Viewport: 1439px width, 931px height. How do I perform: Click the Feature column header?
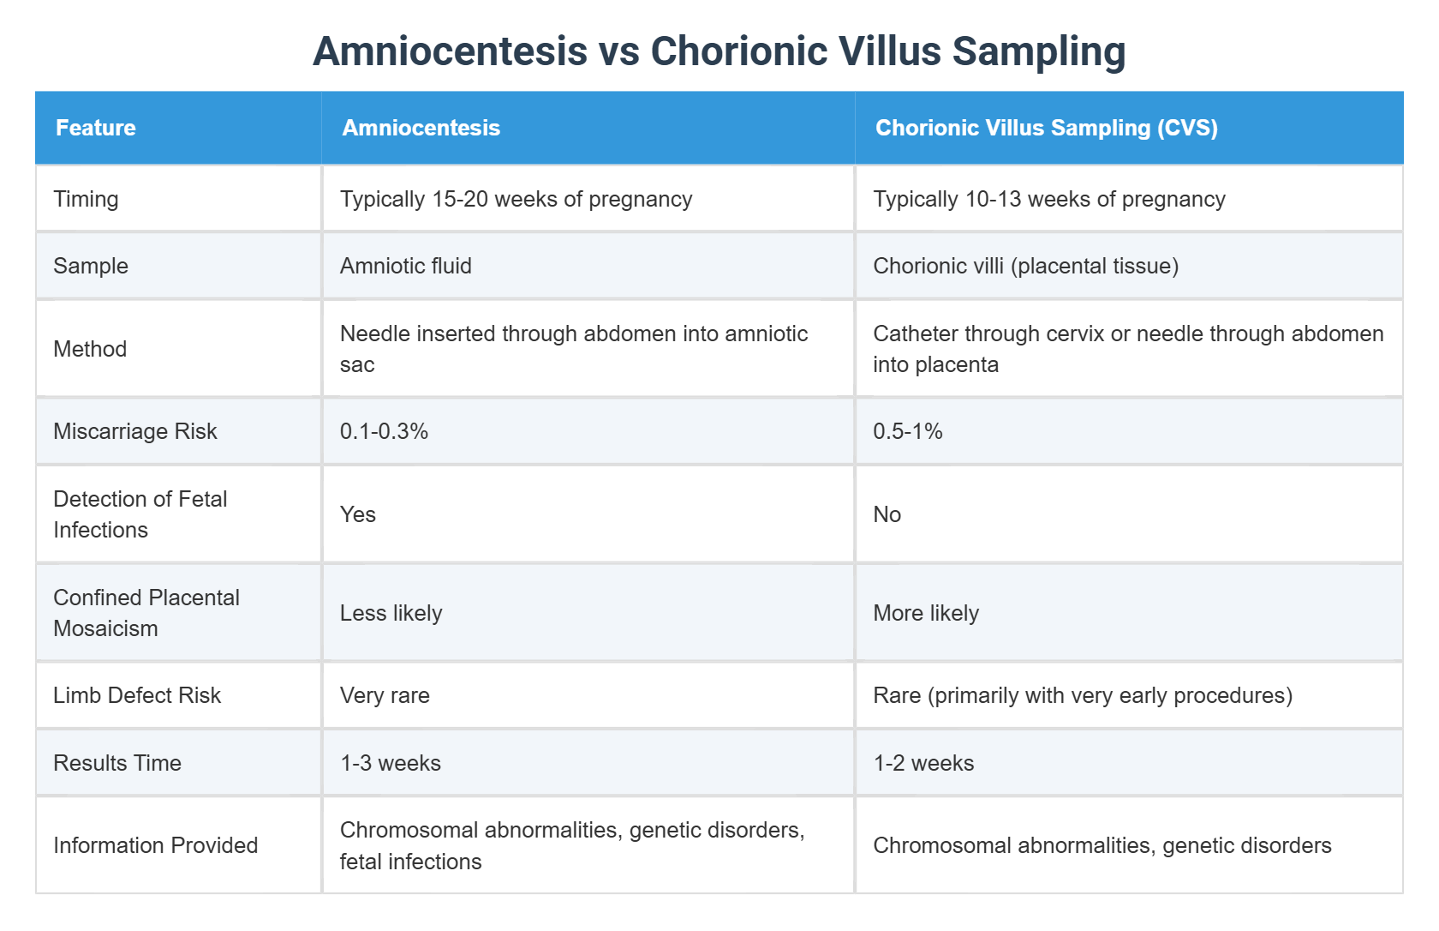point(96,128)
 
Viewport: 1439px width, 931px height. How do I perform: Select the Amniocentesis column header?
point(421,128)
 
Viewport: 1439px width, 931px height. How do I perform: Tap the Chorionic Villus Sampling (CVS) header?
point(1046,128)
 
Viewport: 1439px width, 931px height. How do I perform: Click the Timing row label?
point(86,199)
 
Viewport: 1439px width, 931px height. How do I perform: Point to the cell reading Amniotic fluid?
point(405,266)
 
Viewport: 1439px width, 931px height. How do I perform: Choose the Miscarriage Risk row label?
point(134,431)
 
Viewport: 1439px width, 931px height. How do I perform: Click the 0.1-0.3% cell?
point(384,431)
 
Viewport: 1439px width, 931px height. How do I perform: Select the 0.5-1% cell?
point(907,431)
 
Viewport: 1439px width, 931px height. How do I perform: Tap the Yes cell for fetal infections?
point(357,514)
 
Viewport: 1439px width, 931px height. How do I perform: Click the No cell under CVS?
point(887,514)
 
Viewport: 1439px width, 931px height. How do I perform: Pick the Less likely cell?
point(391,613)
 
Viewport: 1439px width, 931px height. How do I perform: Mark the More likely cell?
point(925,613)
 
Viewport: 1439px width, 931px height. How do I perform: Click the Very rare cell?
point(385,695)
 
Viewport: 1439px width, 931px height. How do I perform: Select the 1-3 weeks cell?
point(390,763)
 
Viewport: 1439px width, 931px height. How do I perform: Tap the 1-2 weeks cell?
point(923,763)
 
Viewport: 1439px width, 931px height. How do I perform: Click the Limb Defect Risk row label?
point(137,695)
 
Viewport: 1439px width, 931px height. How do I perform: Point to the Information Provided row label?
point(155,845)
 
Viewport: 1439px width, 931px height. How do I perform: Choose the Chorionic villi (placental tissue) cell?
point(1025,266)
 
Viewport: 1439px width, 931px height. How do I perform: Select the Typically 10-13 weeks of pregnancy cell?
point(1048,199)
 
